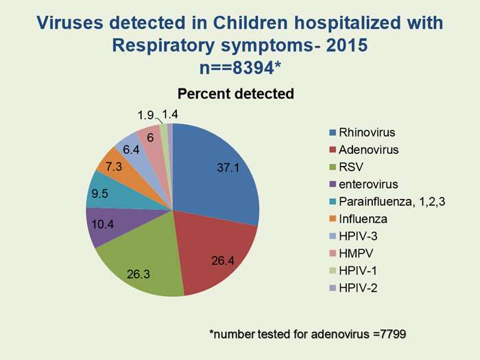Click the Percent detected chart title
click(236, 93)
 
